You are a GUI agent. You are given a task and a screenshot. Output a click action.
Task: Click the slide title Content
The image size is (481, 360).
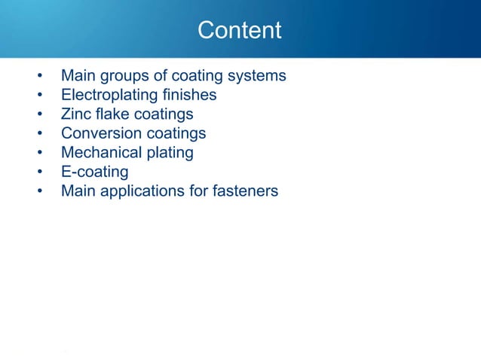(x=239, y=31)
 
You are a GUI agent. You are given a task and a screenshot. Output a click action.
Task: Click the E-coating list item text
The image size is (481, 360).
(x=95, y=172)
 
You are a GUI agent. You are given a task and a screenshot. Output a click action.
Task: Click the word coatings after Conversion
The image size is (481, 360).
(x=178, y=133)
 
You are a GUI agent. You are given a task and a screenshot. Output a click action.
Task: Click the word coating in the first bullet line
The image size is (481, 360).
(x=195, y=77)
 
